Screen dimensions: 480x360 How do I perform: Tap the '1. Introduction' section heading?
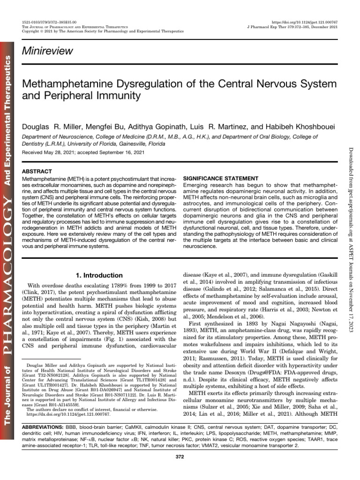click(99, 275)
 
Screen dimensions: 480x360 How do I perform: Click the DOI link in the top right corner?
click(304, 22)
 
